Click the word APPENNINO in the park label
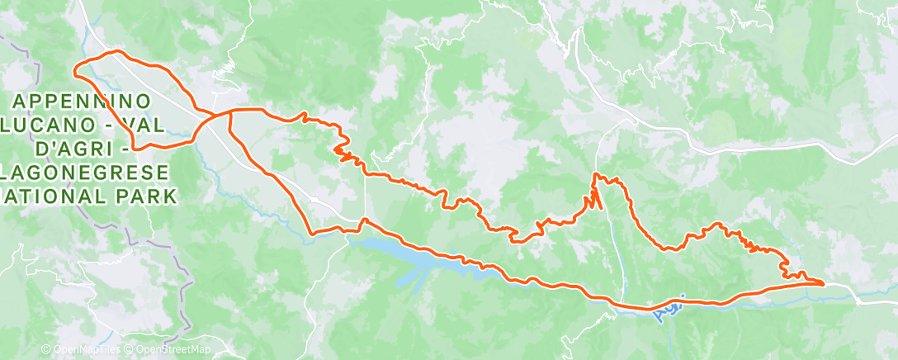[81, 101]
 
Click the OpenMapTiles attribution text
[79, 350]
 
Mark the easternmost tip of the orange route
[824, 284]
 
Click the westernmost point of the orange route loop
[75, 69]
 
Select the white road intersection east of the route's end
[858, 302]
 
